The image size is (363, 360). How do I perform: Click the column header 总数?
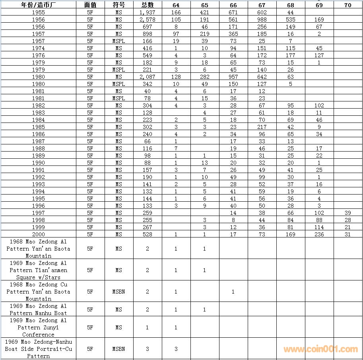click(x=148, y=5)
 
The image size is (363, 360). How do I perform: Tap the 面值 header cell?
click(x=90, y=5)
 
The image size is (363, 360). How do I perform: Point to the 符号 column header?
click(x=119, y=5)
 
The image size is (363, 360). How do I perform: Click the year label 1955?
click(x=38, y=12)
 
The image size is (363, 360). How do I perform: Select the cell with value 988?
click(x=262, y=19)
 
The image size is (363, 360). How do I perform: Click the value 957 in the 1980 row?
click(x=233, y=77)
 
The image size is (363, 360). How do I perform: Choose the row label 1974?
click(x=38, y=48)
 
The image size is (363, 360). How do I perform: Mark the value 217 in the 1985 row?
click(x=262, y=127)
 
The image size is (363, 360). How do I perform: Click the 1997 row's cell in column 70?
click(x=348, y=213)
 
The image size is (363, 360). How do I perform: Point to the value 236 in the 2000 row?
click(x=319, y=234)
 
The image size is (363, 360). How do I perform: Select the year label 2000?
click(x=38, y=234)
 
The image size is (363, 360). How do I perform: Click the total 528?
click(x=148, y=234)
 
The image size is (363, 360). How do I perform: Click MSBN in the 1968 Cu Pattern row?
click(x=119, y=292)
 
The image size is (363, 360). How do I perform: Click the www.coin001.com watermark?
click(x=320, y=349)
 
